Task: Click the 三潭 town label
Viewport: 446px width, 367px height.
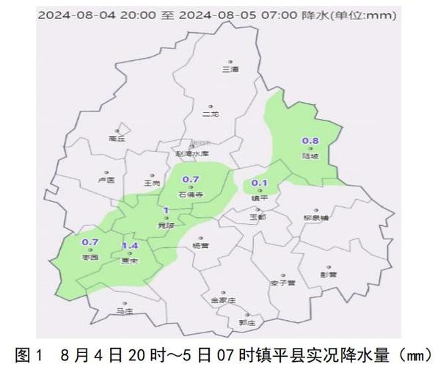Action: [230, 69]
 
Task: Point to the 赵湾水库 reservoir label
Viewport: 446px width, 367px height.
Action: [192, 153]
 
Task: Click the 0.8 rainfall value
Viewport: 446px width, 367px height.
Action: [310, 141]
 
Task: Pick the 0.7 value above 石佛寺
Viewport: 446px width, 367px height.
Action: [191, 180]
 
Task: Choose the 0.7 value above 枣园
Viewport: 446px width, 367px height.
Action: [90, 242]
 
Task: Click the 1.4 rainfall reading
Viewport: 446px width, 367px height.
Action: [130, 245]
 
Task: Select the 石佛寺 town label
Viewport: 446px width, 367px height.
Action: [190, 195]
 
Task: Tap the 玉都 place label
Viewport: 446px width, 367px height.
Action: [257, 217]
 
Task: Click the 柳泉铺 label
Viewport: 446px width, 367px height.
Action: [316, 218]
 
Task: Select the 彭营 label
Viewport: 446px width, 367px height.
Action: [328, 275]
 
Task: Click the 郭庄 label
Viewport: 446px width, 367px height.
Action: [246, 322]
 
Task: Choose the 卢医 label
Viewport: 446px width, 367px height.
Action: [106, 180]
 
